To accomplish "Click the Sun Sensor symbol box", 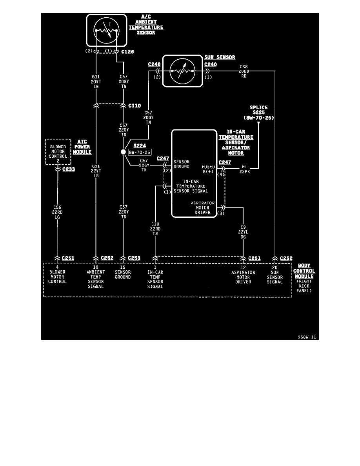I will [x=182, y=71].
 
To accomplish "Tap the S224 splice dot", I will [x=123, y=152].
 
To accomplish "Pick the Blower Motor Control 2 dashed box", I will [x=58, y=151].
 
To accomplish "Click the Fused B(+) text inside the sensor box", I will [x=208, y=169].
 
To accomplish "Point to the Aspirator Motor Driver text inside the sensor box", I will [x=202, y=208].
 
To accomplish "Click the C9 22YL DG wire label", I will [x=244, y=231].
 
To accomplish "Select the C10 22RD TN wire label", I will [x=155, y=229].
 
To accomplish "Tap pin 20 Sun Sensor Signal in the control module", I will [x=275, y=277].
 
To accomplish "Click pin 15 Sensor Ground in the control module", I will [x=123, y=275].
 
